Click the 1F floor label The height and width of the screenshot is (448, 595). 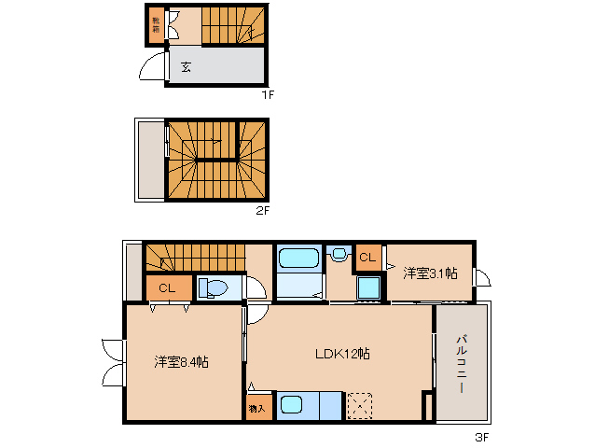coord(267,94)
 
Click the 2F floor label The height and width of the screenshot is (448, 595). coord(263,210)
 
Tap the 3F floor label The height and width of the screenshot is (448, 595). coord(481,436)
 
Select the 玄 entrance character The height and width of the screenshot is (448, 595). coord(186,67)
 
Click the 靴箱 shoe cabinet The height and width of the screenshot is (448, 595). coord(154,25)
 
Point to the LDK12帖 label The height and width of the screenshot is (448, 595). coord(341,354)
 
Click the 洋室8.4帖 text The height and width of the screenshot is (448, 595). coord(182,361)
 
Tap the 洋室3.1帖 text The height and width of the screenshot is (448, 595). coord(430,273)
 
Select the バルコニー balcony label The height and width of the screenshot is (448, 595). coord(461,363)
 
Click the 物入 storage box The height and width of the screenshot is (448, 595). coord(257,407)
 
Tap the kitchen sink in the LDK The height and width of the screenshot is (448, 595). coord(292,405)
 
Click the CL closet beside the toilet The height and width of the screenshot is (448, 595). coord(167,288)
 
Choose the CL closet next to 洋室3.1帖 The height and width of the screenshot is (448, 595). coord(367,257)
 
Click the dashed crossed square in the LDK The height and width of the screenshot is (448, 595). coord(359,406)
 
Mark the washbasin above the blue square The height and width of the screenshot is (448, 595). coord(339,254)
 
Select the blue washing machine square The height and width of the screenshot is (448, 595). coord(368,288)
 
